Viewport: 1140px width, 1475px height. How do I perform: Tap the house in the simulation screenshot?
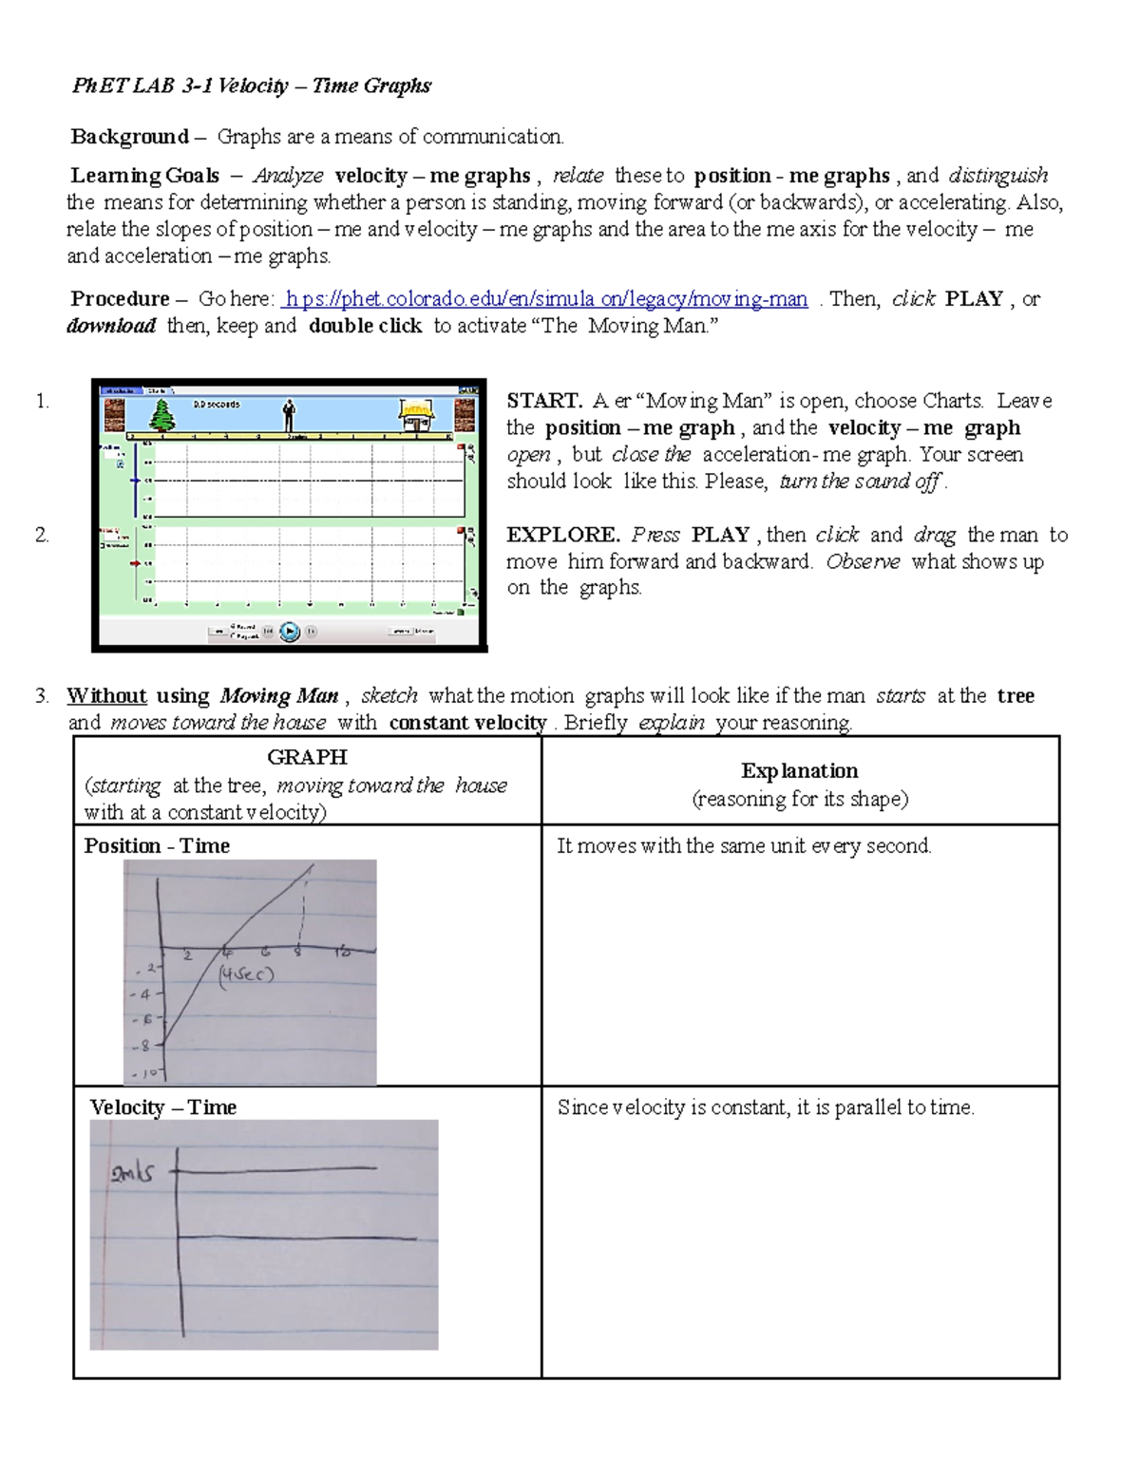click(x=415, y=414)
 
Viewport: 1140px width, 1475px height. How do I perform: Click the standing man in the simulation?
click(x=289, y=415)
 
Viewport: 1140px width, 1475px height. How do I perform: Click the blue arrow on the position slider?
click(x=136, y=481)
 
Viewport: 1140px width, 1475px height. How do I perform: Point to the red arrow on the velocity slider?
click(x=136, y=563)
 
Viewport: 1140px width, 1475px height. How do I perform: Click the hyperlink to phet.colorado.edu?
click(x=545, y=299)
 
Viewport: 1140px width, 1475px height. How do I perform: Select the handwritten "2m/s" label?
click(x=132, y=1173)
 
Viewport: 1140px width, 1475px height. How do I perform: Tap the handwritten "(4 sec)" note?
click(x=245, y=974)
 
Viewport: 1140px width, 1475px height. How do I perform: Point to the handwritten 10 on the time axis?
click(x=342, y=952)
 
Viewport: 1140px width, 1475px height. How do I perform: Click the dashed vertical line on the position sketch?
click(x=302, y=912)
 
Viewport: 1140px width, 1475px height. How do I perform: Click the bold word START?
click(x=543, y=401)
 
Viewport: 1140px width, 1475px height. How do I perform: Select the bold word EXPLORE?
click(x=562, y=535)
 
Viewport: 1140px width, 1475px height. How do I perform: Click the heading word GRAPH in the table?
click(x=307, y=757)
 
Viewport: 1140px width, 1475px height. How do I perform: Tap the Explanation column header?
click(x=799, y=771)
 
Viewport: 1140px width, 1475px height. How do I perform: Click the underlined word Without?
click(x=106, y=696)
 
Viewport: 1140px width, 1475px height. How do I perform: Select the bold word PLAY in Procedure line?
click(x=974, y=299)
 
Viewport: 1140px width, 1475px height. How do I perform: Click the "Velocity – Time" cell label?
click(x=162, y=1107)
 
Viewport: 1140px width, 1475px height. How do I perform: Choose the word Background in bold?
click(x=129, y=137)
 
